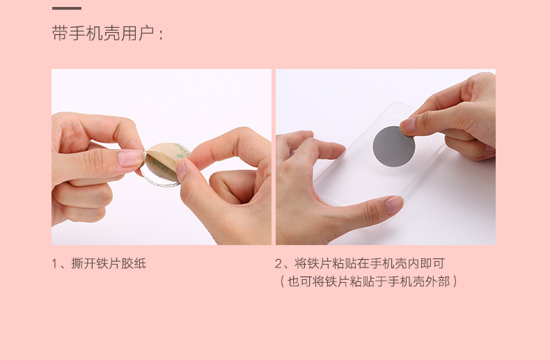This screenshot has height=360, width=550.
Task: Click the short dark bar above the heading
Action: (67, 8)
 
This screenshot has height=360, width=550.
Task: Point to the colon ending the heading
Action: (161, 35)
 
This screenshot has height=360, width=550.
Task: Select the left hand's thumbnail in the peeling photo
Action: (130, 159)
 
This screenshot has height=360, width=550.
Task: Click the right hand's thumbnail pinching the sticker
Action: (182, 169)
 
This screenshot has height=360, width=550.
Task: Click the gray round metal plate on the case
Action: (394, 146)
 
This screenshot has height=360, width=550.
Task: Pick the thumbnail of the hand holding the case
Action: (393, 205)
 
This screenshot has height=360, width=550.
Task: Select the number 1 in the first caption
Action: (55, 264)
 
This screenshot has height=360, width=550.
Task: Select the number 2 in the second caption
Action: (278, 264)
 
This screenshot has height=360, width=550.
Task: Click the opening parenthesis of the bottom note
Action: (282, 281)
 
